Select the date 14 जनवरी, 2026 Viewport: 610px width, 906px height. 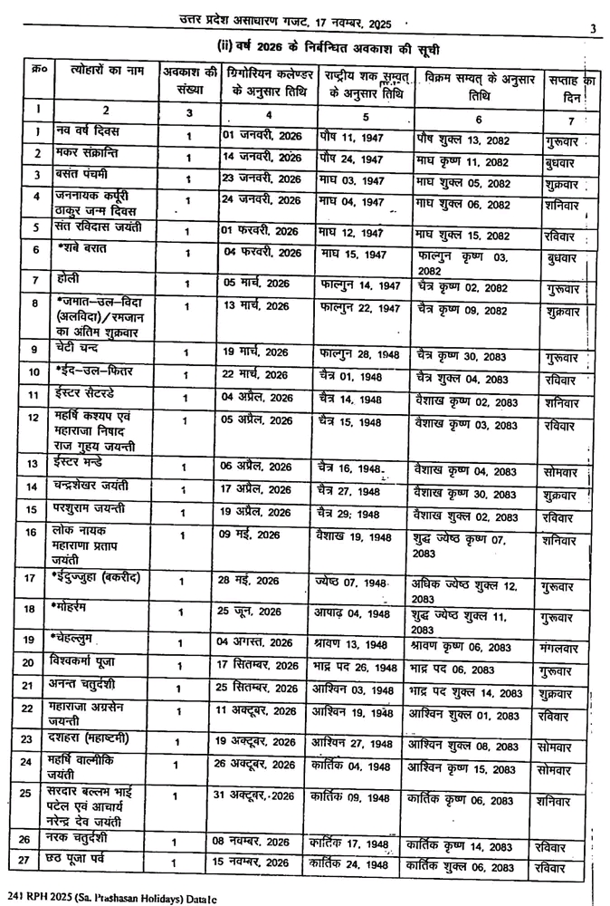coord(262,156)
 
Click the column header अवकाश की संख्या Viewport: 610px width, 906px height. coord(189,80)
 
